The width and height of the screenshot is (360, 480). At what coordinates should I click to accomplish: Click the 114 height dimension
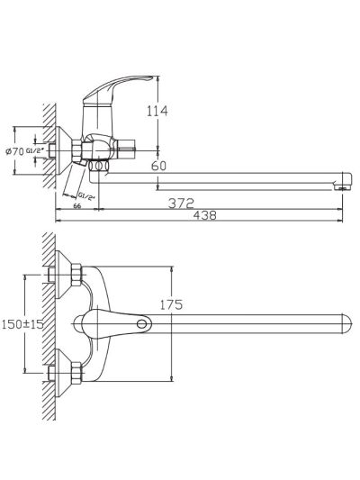coord(157,111)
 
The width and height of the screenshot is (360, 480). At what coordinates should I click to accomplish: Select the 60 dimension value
coord(158,166)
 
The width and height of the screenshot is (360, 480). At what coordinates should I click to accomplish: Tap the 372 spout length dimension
coord(181,204)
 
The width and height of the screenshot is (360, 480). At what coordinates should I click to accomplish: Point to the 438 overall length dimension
coord(204,215)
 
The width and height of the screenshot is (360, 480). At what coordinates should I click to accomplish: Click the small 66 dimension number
coord(77,206)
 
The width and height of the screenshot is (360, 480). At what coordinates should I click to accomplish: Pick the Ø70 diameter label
coord(15,151)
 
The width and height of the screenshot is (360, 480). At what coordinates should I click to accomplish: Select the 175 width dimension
coord(171,304)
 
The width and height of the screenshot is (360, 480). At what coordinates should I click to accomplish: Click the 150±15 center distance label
coord(22,324)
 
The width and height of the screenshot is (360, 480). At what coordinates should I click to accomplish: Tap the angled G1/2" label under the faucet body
coord(86,196)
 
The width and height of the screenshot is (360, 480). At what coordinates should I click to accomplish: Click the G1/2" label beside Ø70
coord(35,150)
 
